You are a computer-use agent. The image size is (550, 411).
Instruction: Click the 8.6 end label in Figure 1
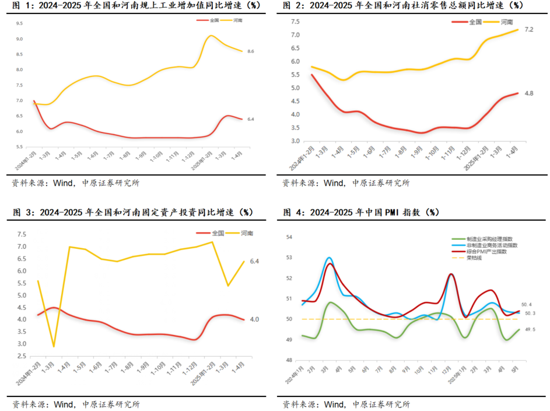pos(251,51)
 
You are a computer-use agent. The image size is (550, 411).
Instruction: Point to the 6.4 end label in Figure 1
pos(251,119)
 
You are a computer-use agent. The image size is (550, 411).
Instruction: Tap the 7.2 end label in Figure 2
pos(529,29)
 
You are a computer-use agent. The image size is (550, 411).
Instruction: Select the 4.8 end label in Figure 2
pos(529,93)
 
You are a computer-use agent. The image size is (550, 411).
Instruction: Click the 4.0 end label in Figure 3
pos(254,319)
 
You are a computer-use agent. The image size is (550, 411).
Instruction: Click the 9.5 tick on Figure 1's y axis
pos(19,23)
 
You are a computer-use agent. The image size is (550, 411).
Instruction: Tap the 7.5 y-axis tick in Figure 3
pos(22,234)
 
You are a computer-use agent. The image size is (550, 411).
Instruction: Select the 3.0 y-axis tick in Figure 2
pos(296,141)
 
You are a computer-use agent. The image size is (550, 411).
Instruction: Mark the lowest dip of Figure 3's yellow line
pos(54,347)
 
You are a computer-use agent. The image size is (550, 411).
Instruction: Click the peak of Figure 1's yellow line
pos(211,36)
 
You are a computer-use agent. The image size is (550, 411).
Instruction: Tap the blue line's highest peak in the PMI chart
pos(329,257)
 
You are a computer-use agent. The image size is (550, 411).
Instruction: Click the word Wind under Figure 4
pos(334,404)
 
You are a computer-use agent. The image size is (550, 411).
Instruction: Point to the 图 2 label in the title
pos(292,5)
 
